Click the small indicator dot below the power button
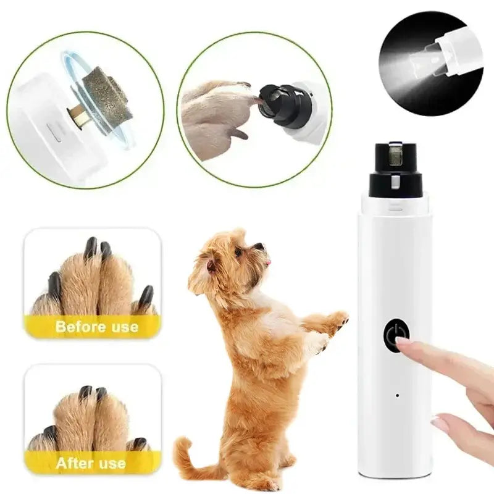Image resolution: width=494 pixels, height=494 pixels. pos(396,395)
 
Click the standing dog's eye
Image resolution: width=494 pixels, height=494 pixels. pos(239,252)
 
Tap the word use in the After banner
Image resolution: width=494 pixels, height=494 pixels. pos(112,463)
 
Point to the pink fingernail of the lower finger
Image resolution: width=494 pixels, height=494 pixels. pos(440,424)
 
